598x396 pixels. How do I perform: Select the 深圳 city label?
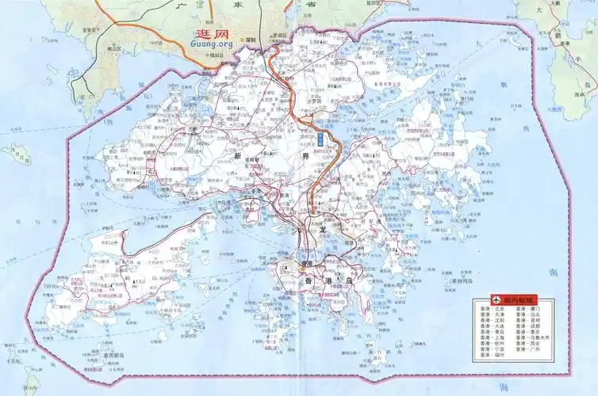(x=252, y=39)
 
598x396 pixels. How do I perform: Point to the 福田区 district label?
(x=215, y=56)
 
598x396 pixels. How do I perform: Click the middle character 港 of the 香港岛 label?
(x=325, y=281)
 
